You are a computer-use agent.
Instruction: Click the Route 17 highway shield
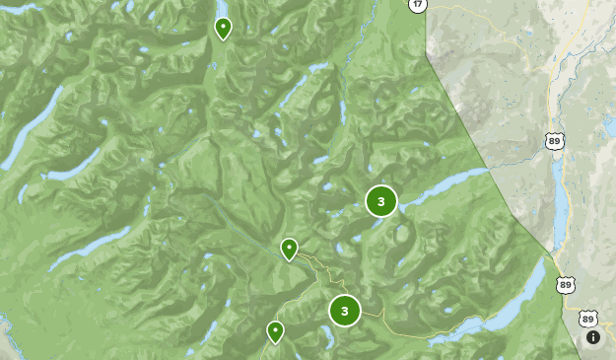click(x=418, y=5)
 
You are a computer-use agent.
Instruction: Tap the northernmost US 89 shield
click(x=555, y=141)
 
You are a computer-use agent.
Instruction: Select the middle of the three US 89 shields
click(x=565, y=284)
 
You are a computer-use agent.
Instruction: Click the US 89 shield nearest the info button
click(x=588, y=319)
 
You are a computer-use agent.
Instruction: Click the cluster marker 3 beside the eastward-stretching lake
click(x=381, y=201)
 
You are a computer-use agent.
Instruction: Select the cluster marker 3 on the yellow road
click(x=345, y=311)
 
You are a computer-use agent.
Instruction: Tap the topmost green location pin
click(x=224, y=28)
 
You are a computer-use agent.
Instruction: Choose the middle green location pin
click(x=289, y=249)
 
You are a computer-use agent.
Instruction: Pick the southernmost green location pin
click(x=276, y=331)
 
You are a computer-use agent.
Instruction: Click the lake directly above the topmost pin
click(x=224, y=7)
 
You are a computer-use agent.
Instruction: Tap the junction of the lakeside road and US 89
click(x=566, y=306)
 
